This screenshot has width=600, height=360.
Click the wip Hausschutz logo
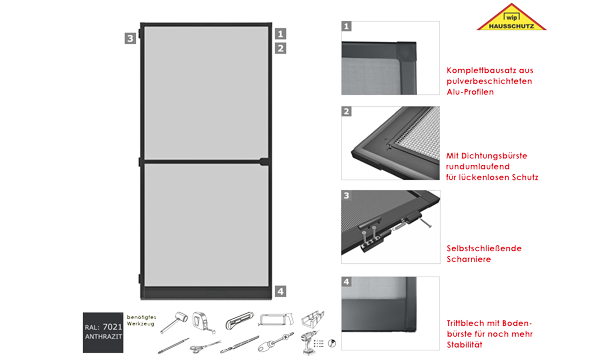coord(511,17)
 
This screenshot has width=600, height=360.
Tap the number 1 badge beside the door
coord(280,34)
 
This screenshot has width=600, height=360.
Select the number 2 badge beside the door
coord(280,48)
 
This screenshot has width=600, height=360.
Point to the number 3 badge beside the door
coord(130,38)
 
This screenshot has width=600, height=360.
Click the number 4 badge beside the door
coord(280,292)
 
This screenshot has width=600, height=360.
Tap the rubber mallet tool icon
coord(174,322)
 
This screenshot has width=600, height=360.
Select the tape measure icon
coord(203,321)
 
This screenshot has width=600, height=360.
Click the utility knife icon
coord(240,320)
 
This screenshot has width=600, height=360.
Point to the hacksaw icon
coord(276,319)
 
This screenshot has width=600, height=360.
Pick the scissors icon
coord(205,347)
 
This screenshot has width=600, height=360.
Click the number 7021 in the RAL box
coord(112,327)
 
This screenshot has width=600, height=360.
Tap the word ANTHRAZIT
coord(103,337)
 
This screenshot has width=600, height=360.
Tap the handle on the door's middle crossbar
coord(264,161)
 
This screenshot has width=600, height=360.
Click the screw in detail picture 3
coord(426,223)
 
